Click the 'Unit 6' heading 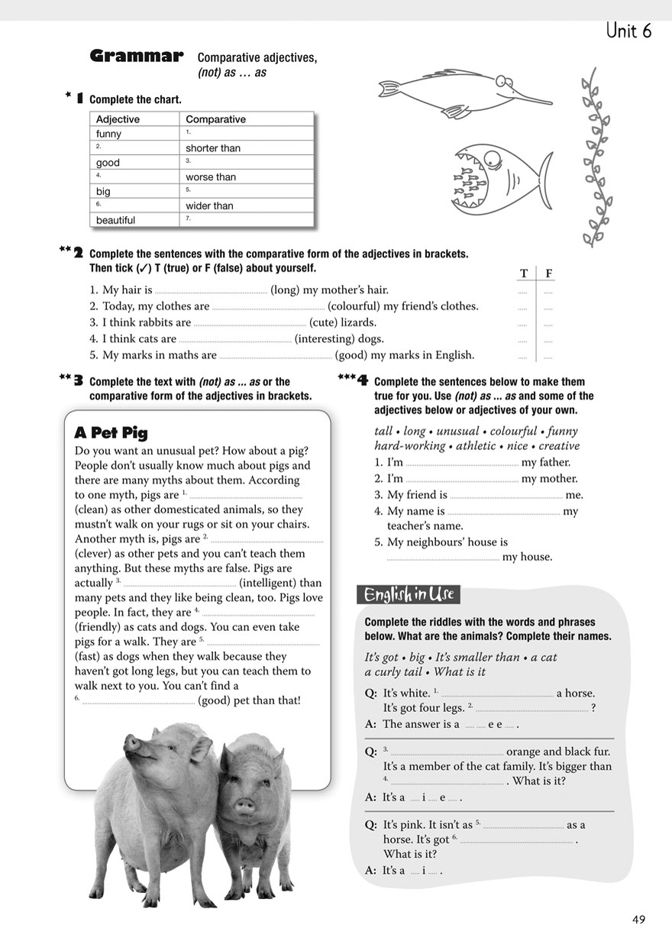[628, 31]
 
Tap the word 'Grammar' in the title [137, 56]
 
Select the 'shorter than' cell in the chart [213, 148]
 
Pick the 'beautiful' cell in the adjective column [116, 220]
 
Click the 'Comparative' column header [216, 119]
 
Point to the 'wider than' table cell [210, 205]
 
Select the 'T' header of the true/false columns [524, 274]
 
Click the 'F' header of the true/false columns [548, 274]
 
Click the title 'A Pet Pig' [111, 433]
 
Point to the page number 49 [639, 920]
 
